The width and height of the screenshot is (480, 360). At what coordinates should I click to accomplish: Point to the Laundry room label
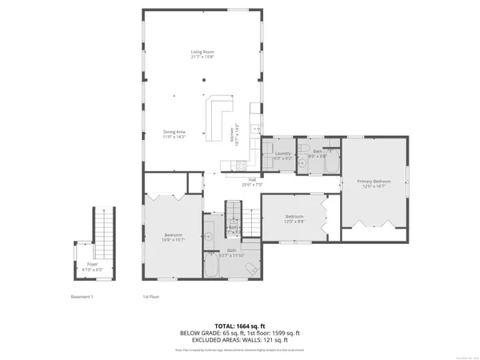click(282, 154)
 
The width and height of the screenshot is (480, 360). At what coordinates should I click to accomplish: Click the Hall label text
click(251, 181)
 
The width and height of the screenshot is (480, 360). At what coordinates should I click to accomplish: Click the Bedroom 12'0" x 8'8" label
click(294, 218)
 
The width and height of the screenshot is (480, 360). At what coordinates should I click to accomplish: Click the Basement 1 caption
click(82, 297)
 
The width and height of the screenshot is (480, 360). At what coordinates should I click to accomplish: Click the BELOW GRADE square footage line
click(240, 332)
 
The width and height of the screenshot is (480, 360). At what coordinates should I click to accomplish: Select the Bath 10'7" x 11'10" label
click(230, 252)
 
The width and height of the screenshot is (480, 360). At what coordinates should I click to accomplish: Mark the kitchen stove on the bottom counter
click(237, 166)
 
